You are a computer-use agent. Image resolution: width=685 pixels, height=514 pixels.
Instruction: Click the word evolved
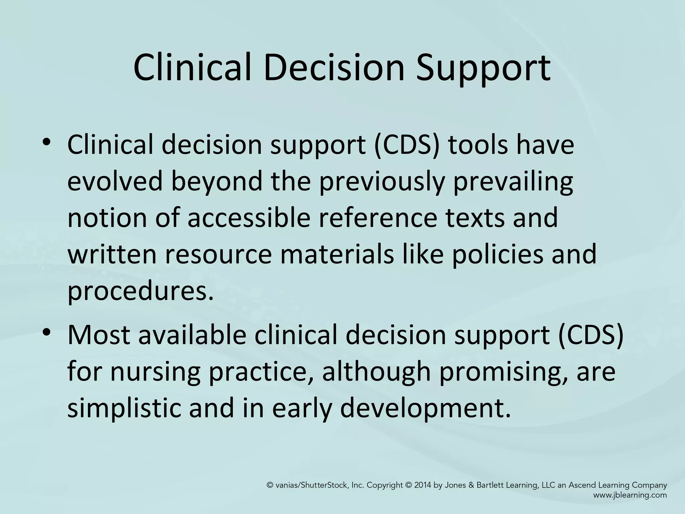point(116,182)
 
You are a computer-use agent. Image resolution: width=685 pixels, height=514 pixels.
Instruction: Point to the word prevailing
point(513,182)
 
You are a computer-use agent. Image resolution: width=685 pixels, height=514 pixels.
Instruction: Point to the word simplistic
point(124,408)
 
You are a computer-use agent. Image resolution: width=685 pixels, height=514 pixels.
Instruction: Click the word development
point(425,408)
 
